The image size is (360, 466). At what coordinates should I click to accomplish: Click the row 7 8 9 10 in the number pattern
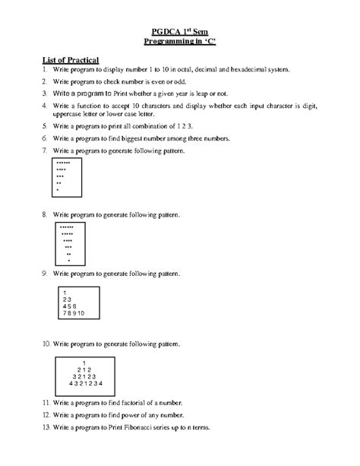point(74,312)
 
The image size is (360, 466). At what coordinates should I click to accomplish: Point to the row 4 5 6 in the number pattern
point(70,306)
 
